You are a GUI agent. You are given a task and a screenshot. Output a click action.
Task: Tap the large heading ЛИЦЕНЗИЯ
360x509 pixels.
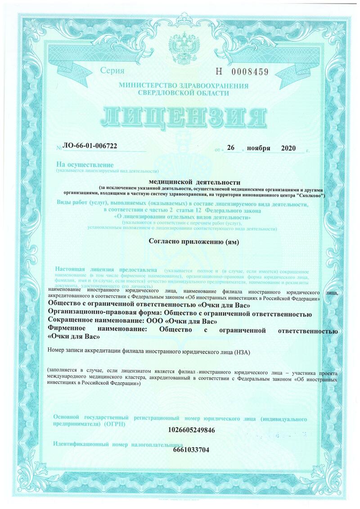[180, 118]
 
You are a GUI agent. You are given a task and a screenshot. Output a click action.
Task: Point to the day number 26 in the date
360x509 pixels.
[231, 148]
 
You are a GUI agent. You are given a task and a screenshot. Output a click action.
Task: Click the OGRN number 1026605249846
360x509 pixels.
[191, 430]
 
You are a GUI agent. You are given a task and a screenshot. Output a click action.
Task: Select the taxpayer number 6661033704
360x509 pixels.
[191, 450]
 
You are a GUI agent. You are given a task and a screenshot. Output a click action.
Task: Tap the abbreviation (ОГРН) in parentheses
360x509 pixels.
[115, 424]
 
